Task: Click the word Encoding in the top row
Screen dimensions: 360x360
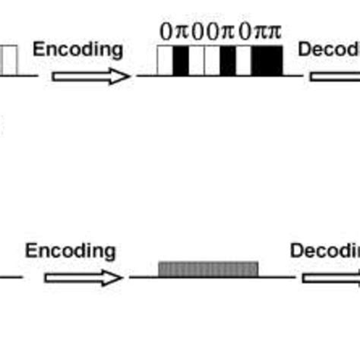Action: coord(77,50)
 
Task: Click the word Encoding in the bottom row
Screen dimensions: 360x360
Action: coord(71,251)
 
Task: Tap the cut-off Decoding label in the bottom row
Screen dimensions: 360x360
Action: coord(324,251)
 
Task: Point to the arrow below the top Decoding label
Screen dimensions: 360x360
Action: coord(334,76)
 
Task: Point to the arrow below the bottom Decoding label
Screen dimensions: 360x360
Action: coord(330,277)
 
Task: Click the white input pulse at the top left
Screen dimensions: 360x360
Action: coord(9,61)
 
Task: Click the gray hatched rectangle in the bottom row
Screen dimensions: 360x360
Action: coord(208,269)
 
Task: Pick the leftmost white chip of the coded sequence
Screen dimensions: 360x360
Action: coord(165,61)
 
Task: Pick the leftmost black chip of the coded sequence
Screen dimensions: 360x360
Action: coord(181,61)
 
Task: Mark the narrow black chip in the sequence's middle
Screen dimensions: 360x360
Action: coord(227,61)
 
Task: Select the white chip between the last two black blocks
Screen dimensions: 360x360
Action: coord(243,61)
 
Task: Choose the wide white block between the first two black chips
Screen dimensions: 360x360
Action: coord(204,61)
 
